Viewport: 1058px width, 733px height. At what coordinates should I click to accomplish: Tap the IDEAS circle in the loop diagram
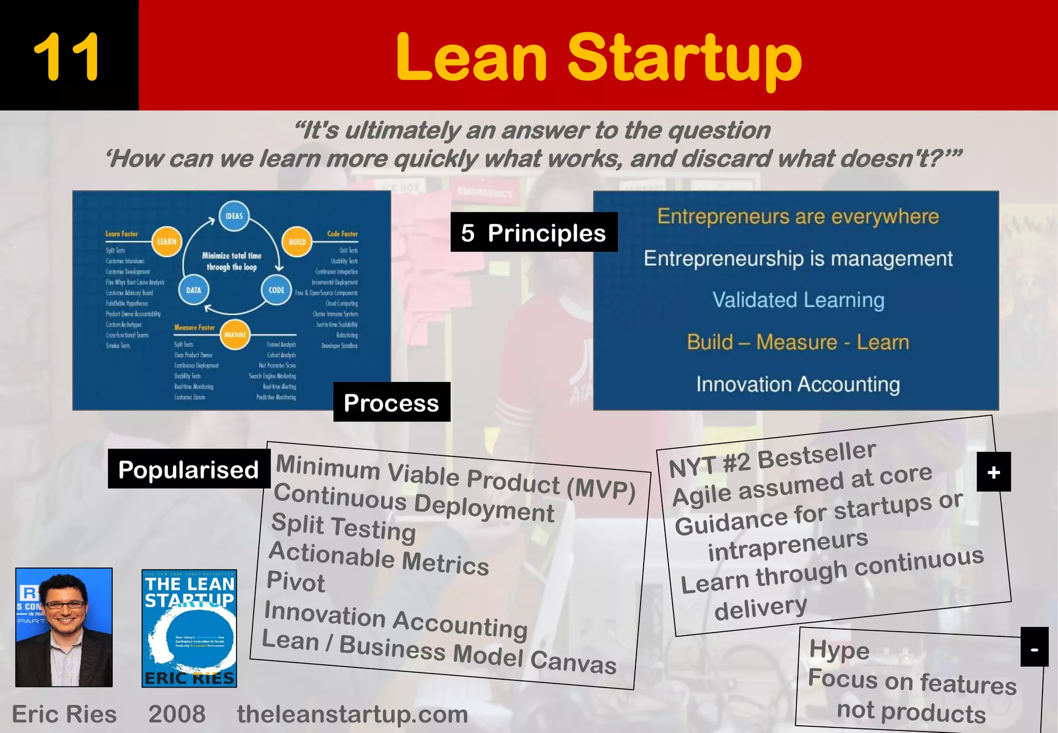234,216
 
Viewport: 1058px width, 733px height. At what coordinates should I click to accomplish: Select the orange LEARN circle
166,241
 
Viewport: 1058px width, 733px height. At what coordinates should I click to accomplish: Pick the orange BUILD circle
297,241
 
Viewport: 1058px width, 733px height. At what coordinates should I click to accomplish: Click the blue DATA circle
194,290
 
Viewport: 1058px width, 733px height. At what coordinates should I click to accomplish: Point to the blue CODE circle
276,290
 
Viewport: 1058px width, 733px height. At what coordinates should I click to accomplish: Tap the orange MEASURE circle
235,334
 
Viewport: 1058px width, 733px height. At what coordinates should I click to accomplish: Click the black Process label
392,402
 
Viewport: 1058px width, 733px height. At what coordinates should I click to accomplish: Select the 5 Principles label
534,233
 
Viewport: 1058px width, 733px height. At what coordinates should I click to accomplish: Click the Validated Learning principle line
798,300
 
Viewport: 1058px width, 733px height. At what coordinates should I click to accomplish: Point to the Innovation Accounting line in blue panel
798,384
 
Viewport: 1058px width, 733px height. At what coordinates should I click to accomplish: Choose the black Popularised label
189,469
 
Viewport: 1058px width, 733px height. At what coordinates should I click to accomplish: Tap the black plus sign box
993,472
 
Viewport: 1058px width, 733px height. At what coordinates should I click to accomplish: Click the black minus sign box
1034,647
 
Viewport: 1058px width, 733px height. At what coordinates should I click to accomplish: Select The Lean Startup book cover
189,628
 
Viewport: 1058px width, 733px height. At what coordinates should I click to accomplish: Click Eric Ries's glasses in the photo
65,604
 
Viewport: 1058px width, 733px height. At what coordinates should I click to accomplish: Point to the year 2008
177,714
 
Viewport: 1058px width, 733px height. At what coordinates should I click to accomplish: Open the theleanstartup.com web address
352,714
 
